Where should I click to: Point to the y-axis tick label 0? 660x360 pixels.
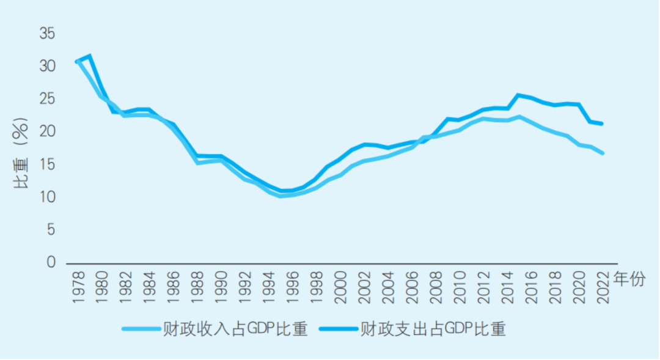(x=52, y=262)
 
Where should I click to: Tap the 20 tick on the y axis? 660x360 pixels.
(x=48, y=131)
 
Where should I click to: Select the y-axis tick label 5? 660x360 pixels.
(x=52, y=230)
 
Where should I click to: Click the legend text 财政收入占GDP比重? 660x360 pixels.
(x=235, y=329)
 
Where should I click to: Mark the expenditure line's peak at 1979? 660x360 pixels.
(x=89, y=56)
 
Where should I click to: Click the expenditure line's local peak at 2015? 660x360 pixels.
(x=519, y=95)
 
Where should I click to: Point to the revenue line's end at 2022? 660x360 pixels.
(x=603, y=153)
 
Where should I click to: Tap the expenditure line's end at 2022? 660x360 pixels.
(x=603, y=123)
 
